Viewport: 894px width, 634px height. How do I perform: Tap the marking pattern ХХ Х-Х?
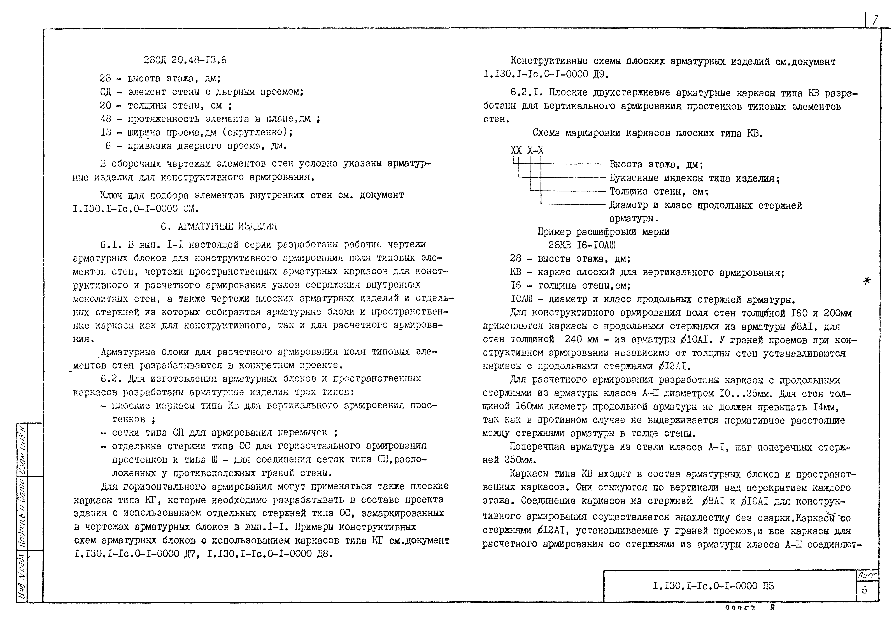tap(527, 150)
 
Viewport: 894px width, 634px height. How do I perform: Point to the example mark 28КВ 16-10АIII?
tap(582, 245)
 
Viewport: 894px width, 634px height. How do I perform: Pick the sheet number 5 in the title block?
tap(864, 590)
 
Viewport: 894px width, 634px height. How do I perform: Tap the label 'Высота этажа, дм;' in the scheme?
tap(656, 165)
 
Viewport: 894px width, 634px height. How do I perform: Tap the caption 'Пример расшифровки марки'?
tap(603, 232)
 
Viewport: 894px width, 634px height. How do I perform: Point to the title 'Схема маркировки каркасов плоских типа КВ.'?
tap(648, 133)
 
